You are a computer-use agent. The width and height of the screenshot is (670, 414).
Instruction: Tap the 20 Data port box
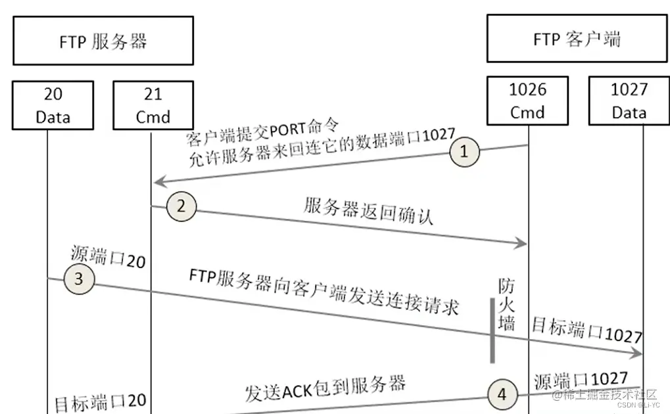[x=53, y=105]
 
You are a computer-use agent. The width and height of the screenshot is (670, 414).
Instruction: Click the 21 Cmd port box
[x=153, y=105]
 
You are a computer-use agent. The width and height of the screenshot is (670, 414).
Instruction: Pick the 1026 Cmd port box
[x=527, y=100]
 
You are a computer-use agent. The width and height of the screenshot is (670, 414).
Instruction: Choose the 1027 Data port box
[x=629, y=100]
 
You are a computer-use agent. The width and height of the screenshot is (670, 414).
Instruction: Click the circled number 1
[x=465, y=152]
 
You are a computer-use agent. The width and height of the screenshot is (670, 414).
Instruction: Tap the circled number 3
[x=79, y=279]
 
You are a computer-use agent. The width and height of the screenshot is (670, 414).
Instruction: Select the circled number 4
[x=502, y=394]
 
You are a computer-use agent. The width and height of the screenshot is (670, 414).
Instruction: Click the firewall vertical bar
[x=491, y=330]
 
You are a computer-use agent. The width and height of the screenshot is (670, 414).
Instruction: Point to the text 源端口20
[x=107, y=258]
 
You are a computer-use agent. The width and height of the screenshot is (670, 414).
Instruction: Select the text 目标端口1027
[x=586, y=331]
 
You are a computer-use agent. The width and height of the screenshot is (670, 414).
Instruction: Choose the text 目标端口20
[x=100, y=402]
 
